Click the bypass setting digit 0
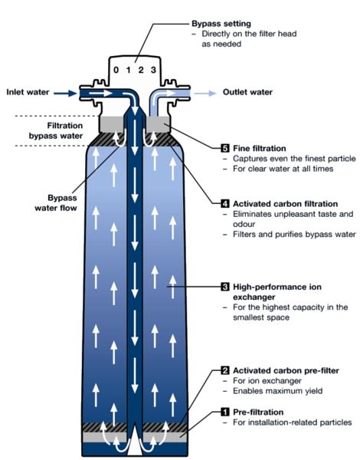tap(116, 70)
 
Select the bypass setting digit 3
tap(153, 70)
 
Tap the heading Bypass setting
tap(221, 24)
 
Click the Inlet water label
tap(28, 92)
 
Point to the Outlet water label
tap(247, 92)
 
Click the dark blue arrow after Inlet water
tap(65, 94)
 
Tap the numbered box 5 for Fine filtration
tap(225, 148)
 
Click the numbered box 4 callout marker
tap(225, 203)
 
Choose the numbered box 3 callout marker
tap(225, 287)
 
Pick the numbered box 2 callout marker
tap(225, 370)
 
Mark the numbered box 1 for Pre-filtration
tap(225, 412)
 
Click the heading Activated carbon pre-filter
tap(286, 370)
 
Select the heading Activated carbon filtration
tap(285, 204)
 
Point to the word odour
tap(244, 224)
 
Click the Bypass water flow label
tap(56, 202)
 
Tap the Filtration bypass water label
tap(56, 130)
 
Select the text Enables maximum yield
tap(277, 391)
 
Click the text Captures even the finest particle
tap(294, 159)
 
